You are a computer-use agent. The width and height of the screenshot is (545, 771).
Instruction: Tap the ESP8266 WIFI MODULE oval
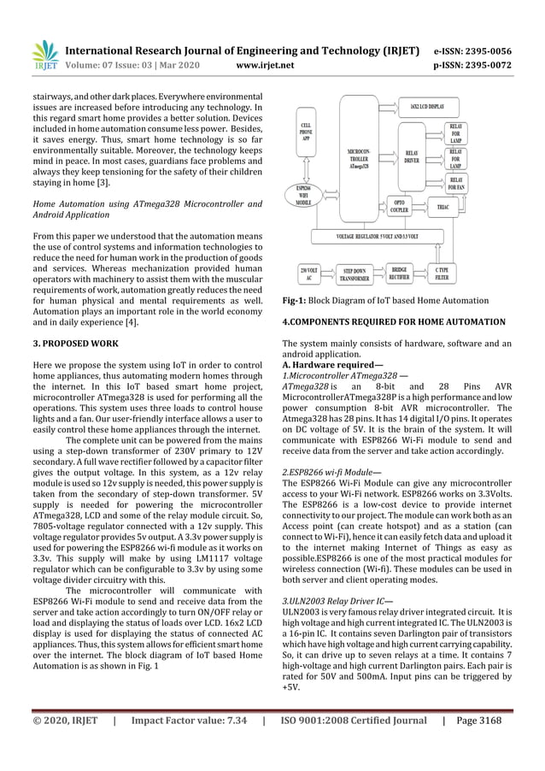[x=302, y=196]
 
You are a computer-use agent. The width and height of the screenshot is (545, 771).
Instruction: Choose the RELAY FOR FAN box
[x=454, y=183]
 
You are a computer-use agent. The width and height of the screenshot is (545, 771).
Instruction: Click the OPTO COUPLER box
[x=398, y=206]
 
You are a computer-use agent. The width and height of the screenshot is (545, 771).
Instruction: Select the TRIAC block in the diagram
[x=444, y=206]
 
